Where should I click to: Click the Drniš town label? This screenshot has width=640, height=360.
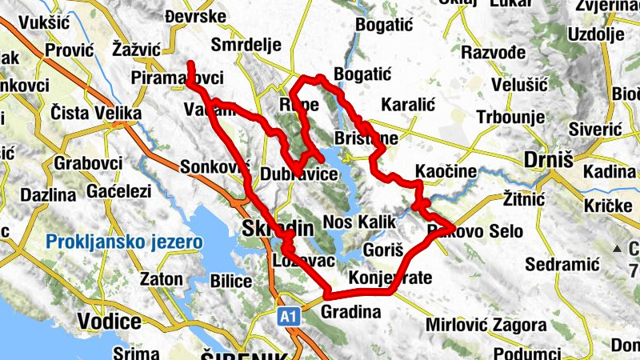550,160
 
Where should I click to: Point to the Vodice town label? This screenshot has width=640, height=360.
110,321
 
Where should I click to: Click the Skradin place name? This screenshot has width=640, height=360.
276,228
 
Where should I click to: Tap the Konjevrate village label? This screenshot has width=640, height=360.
390,278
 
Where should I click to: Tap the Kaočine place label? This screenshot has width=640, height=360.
446,171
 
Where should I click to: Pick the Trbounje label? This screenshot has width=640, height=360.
510,116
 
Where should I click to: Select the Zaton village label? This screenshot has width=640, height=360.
161,280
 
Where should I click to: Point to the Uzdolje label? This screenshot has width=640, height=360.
594,34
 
